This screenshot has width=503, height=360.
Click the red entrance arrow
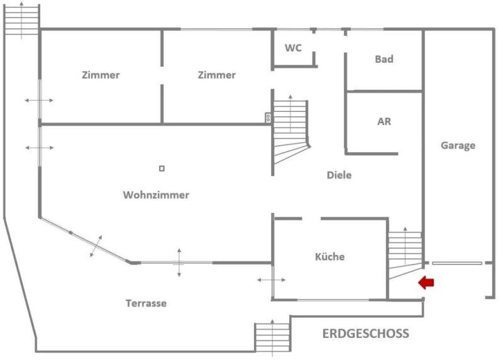click(x=426, y=283)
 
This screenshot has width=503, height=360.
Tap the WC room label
click(x=293, y=48)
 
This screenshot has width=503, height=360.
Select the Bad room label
click(x=384, y=59)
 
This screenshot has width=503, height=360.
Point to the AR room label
click(x=384, y=121)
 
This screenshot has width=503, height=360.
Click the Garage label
click(x=458, y=146)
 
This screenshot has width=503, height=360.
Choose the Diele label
click(x=339, y=175)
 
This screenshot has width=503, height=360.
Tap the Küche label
click(x=329, y=256)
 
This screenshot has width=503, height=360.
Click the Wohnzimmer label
click(x=156, y=195)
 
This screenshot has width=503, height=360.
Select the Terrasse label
click(x=146, y=303)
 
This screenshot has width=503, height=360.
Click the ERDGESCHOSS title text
click(x=366, y=334)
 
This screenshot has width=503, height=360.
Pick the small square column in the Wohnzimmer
click(x=162, y=168)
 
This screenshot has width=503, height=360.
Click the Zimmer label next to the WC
click(x=216, y=75)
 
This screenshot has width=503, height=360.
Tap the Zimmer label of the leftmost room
click(x=101, y=75)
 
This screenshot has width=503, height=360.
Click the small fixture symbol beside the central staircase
click(x=268, y=117)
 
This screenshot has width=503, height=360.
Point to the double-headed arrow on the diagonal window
click(x=96, y=246)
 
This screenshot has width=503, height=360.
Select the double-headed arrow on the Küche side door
click(x=271, y=280)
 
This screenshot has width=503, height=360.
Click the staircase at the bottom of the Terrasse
click(x=272, y=337)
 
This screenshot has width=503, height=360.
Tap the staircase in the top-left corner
click(x=21, y=20)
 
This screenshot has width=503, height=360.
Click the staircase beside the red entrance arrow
click(x=405, y=253)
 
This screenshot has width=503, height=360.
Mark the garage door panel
click(x=457, y=263)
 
